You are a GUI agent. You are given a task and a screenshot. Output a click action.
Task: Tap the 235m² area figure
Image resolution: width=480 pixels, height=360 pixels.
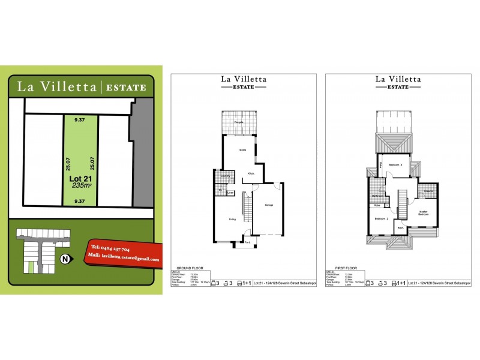[x=81, y=186]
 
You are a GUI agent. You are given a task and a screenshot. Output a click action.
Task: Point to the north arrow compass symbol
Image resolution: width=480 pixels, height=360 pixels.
[x=65, y=259]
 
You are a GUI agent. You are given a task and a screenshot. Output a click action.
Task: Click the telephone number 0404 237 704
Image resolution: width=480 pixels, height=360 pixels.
[x=110, y=248]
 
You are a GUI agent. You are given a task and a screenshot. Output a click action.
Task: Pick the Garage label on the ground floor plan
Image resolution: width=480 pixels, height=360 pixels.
[x=269, y=205]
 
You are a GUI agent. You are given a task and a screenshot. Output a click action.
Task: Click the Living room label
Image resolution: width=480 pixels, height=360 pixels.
[x=233, y=220]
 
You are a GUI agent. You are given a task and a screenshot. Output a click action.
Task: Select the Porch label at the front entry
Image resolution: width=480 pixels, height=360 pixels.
[x=247, y=242]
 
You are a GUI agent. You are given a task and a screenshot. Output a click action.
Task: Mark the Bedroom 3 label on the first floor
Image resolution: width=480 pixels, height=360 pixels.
[x=395, y=164]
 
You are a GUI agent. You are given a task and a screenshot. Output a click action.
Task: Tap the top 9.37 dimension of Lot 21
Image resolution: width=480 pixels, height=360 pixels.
[x=80, y=120]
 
